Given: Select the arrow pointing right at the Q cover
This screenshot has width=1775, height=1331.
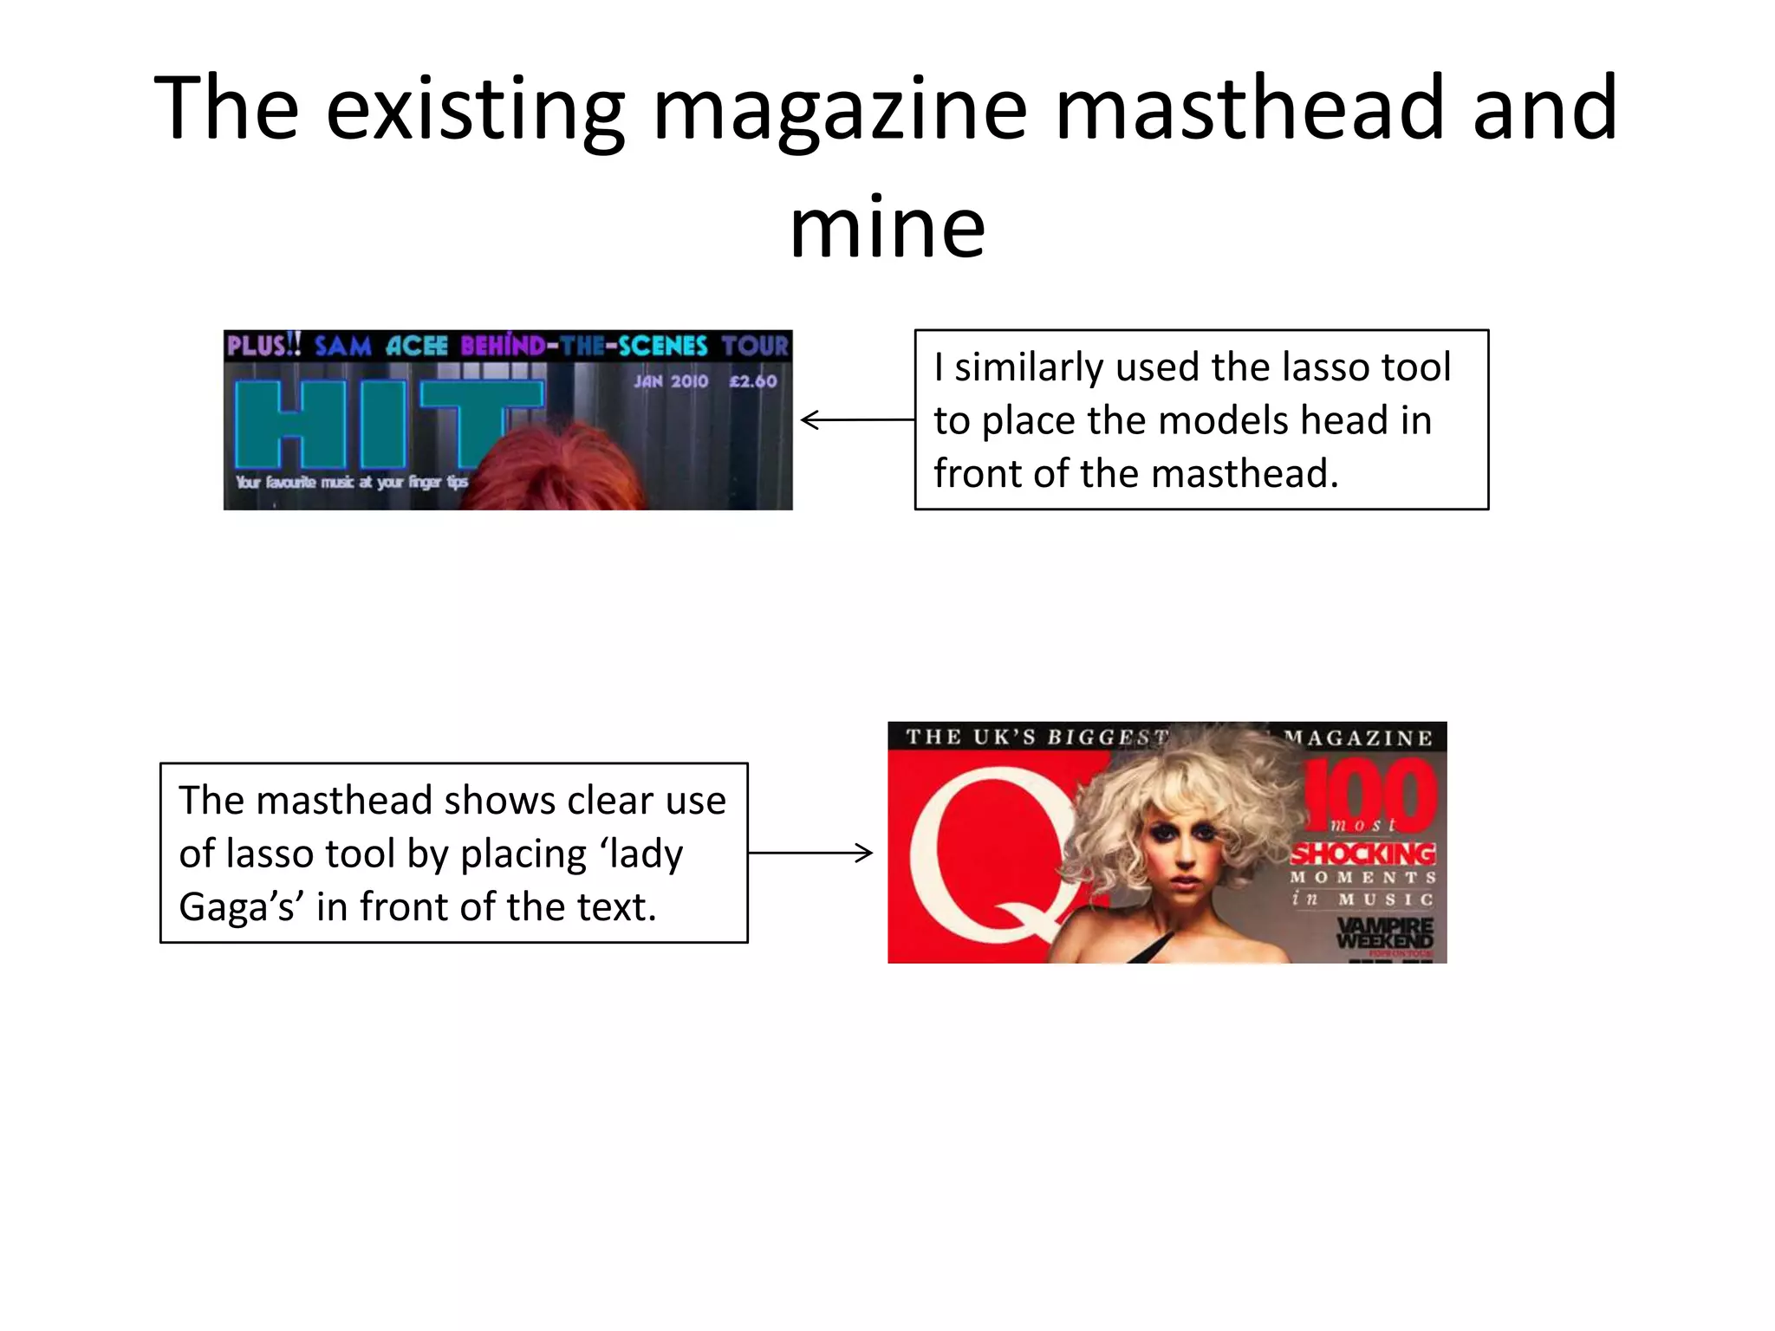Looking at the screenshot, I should (810, 853).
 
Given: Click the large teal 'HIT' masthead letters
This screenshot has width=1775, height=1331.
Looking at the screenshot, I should (381, 423).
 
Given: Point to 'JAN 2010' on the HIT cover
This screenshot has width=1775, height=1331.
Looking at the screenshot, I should (671, 381).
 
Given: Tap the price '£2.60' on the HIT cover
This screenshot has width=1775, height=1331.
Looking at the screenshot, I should (753, 381).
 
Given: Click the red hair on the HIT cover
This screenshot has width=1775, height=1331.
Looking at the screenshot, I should (555, 468).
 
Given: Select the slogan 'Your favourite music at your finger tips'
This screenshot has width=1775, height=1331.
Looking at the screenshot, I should (351, 482).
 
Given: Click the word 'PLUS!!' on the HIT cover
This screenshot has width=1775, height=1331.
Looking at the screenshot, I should (263, 346).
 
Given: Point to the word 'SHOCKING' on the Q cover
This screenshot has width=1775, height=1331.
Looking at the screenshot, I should (1362, 854).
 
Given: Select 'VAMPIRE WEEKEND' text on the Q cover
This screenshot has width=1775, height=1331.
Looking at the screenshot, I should (1384, 932).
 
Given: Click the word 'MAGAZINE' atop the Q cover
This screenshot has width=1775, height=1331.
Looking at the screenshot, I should (1358, 738).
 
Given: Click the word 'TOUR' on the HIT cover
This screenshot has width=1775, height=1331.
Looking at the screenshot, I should (755, 346).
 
